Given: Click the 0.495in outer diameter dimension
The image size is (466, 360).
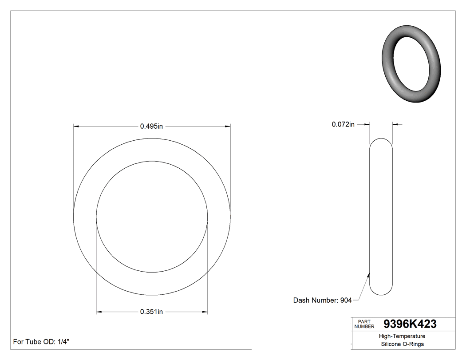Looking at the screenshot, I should [x=152, y=126].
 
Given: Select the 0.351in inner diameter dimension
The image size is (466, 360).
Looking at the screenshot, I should [x=152, y=312].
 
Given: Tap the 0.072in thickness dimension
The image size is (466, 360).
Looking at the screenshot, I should [x=343, y=125].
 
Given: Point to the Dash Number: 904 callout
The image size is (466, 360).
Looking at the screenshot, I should [x=322, y=301].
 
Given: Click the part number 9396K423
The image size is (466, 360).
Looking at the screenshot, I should [x=410, y=324].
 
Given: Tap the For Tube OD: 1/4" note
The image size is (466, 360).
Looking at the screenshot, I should [x=41, y=342].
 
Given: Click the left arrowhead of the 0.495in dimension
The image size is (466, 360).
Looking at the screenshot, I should [x=76, y=127].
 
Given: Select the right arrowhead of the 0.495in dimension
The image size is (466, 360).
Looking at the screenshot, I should [x=228, y=127].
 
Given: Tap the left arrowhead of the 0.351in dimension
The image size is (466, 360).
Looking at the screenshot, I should [x=99, y=312].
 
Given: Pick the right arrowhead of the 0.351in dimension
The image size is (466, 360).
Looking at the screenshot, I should [x=205, y=312].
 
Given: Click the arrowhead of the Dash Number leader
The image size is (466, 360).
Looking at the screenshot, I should [x=369, y=274].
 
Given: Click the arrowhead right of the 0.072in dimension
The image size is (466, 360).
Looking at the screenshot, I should [x=395, y=125].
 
